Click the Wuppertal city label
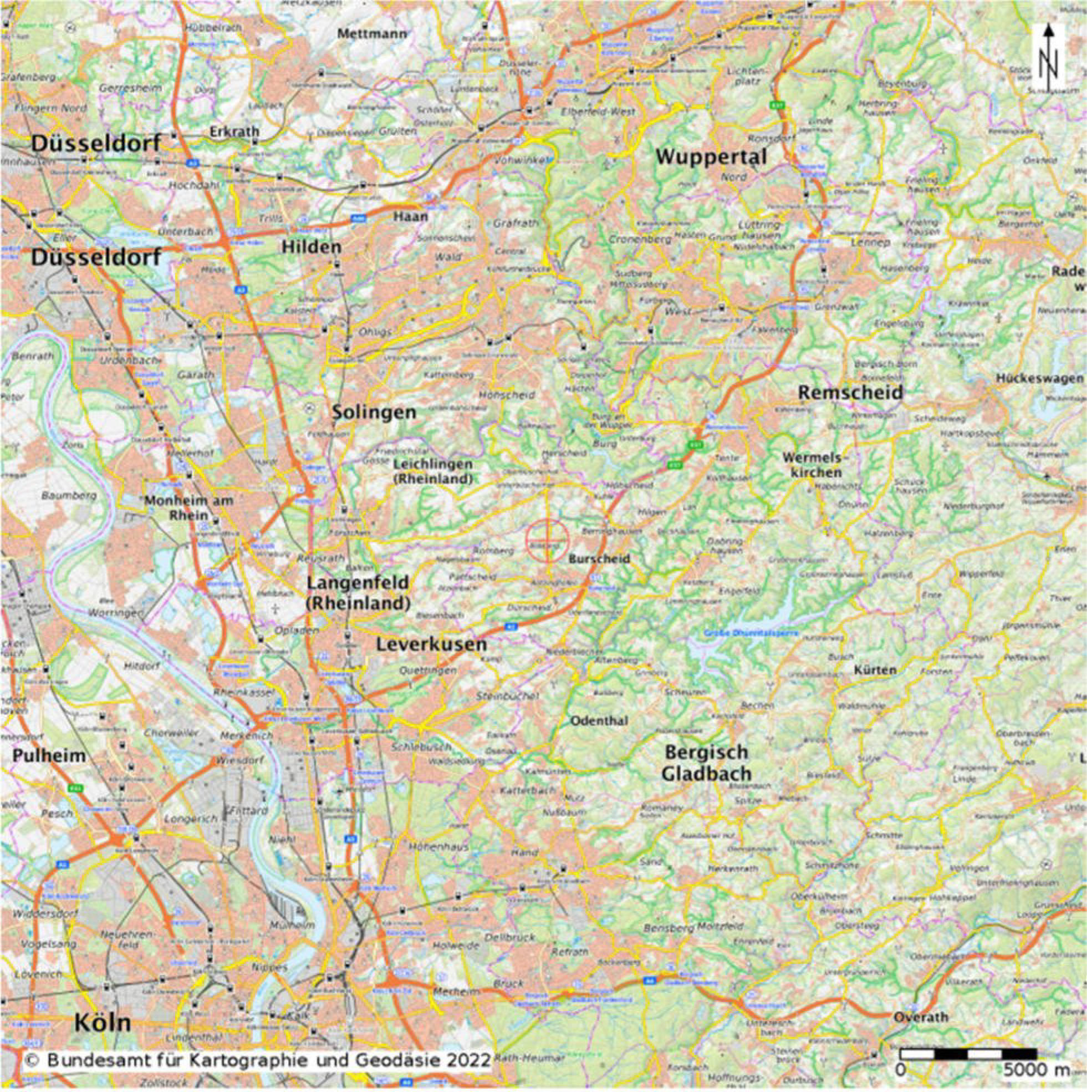point(711,156)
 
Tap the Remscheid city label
point(850,392)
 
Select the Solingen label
point(374,412)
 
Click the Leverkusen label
point(431,644)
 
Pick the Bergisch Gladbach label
point(706,763)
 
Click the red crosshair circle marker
point(547,541)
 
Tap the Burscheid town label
point(599,558)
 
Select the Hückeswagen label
point(1039,378)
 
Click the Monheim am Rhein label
point(188,507)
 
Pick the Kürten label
point(875,670)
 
